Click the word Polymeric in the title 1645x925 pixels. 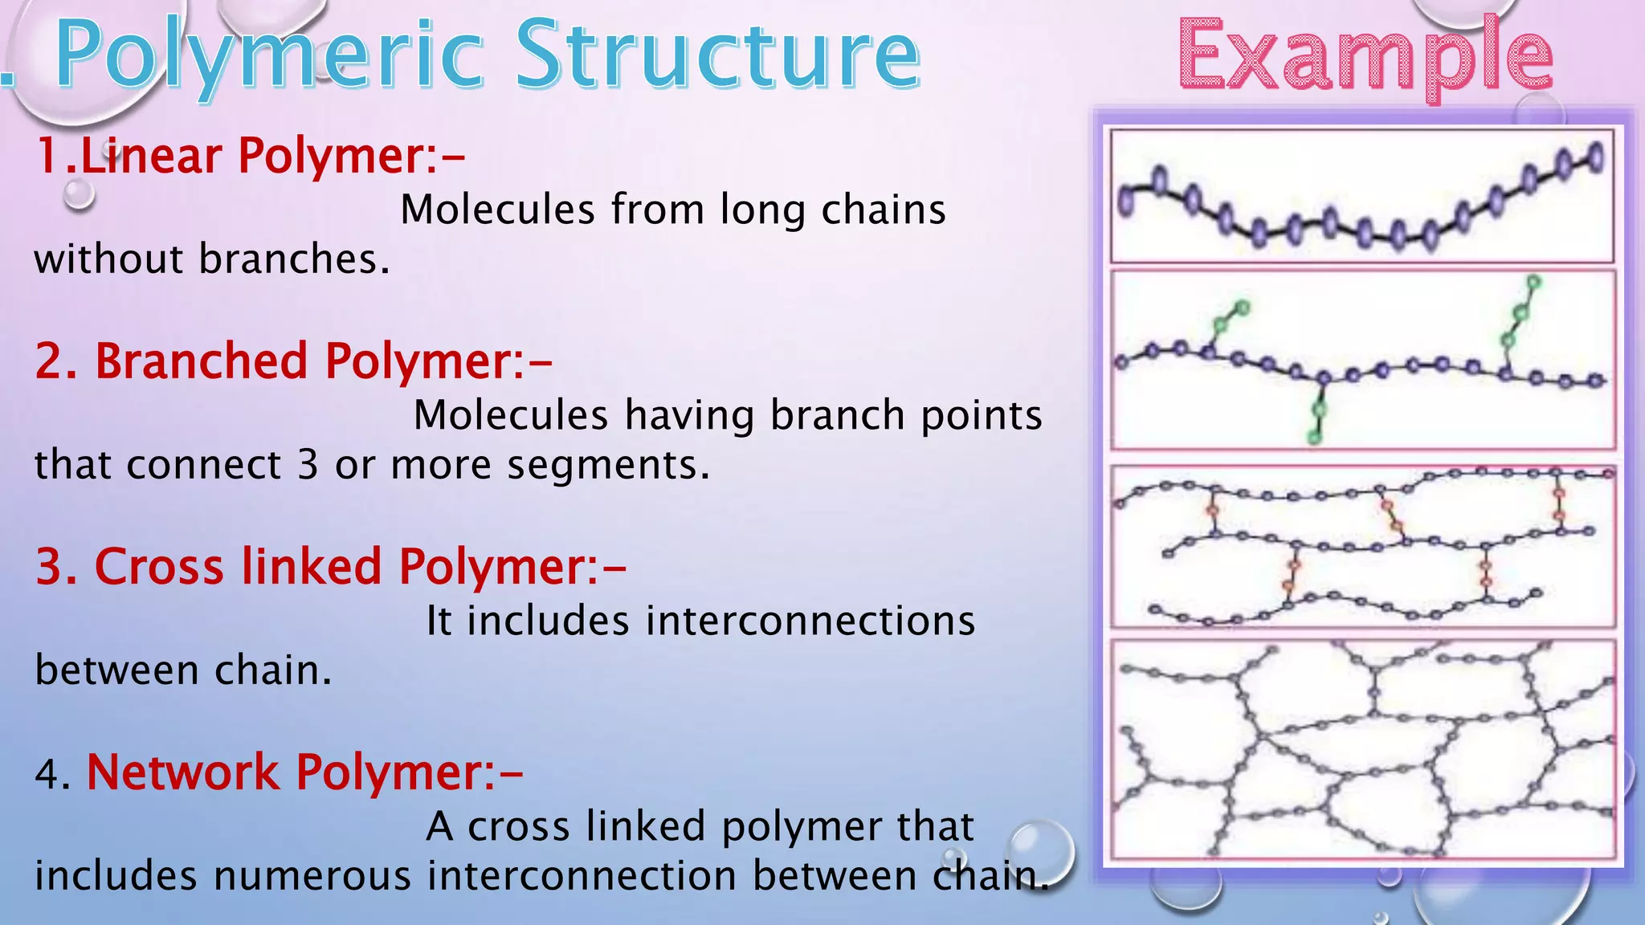click(268, 56)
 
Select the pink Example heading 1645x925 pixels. click(1365, 56)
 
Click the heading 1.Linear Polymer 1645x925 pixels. click(249, 155)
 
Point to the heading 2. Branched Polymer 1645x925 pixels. click(293, 361)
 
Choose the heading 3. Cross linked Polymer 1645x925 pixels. click(330, 566)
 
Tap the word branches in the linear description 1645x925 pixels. click(293, 259)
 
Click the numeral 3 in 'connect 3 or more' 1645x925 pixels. click(308, 465)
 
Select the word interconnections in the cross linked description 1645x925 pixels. click(720, 621)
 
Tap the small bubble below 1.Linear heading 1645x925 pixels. click(79, 194)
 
